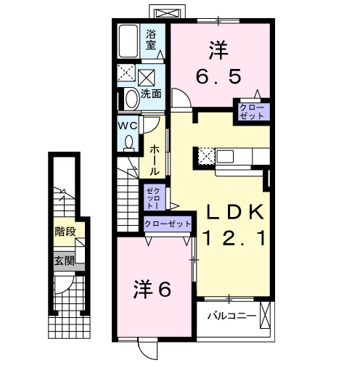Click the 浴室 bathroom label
tap(152, 39)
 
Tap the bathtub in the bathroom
tap(130, 42)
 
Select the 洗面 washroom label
tap(151, 94)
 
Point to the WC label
tap(128, 124)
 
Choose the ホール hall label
tap(155, 159)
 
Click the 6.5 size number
tap(219, 75)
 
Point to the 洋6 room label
tap(152, 289)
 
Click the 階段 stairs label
tap(64, 232)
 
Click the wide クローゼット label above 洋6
tap(168, 224)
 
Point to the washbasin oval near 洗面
tap(131, 98)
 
